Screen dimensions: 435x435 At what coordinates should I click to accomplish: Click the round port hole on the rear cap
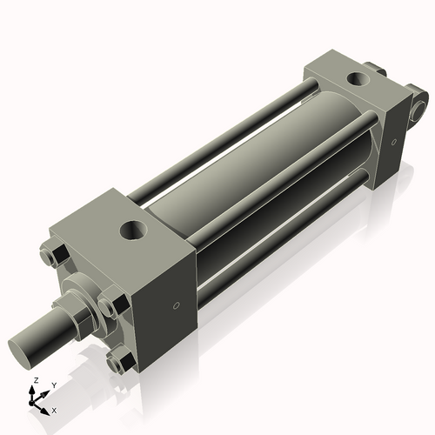click(x=357, y=80)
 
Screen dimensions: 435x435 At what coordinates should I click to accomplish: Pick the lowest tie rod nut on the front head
click(x=120, y=360)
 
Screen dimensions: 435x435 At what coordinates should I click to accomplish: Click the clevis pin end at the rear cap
click(x=421, y=107)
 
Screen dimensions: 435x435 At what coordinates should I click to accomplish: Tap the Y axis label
click(x=53, y=385)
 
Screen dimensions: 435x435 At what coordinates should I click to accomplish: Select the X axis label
click(x=54, y=409)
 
